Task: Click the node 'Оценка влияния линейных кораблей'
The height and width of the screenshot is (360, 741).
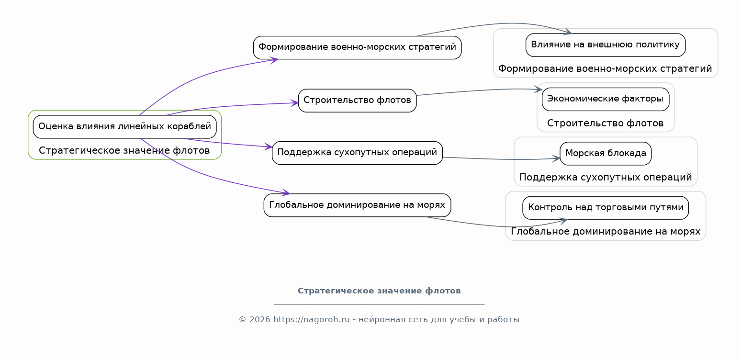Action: tap(125, 127)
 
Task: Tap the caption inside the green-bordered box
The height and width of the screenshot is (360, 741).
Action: tap(124, 150)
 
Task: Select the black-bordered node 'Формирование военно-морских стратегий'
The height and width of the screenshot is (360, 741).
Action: tap(357, 48)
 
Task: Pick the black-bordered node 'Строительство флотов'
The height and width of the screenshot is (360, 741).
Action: tap(357, 101)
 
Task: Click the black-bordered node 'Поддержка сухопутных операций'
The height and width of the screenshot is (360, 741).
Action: tap(357, 153)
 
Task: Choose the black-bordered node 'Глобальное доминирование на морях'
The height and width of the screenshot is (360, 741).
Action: tap(357, 205)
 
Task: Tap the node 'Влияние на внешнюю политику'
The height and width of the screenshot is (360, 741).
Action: tap(606, 45)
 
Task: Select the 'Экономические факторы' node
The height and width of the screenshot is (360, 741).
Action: tap(606, 99)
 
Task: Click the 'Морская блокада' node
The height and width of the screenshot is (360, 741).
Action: tap(606, 154)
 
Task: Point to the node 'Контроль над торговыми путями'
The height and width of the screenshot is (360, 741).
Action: tap(606, 208)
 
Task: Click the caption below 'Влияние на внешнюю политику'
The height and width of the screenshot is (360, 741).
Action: tap(605, 69)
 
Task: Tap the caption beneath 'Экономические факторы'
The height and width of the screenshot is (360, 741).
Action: tap(606, 124)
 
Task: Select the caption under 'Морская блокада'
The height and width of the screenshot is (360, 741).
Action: tap(606, 177)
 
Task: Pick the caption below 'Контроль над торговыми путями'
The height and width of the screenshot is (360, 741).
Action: tap(606, 231)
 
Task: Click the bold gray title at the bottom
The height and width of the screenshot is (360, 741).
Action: tap(379, 291)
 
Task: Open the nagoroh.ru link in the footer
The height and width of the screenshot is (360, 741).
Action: tap(311, 320)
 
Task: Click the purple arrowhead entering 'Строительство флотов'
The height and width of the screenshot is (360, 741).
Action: tap(294, 103)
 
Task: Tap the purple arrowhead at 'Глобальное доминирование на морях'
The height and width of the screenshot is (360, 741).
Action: tap(286, 192)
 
